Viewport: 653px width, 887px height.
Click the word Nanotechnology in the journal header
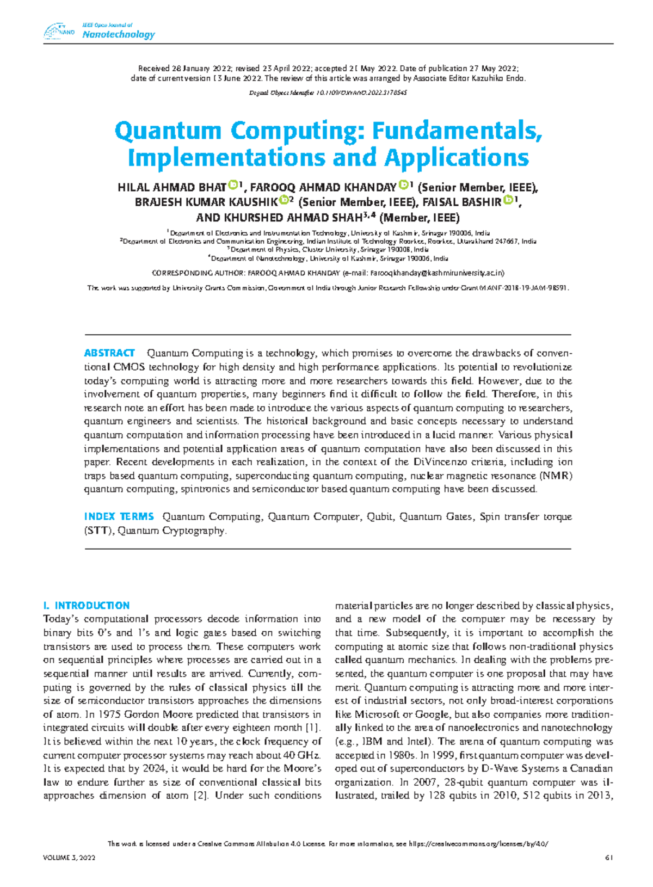coord(118,35)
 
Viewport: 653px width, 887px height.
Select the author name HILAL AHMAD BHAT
coord(171,188)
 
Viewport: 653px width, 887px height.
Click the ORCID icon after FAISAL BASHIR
coord(508,201)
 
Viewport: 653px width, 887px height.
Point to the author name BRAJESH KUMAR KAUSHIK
coord(206,202)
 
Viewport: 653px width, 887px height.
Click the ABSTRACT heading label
coord(109,353)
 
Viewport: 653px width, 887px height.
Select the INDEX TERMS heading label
coord(119,516)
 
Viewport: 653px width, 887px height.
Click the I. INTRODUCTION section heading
coord(86,606)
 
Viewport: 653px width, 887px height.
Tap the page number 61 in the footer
coord(609,858)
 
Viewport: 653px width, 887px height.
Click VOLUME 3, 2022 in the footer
coord(69,858)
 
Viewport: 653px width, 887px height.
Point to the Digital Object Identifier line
coord(328,93)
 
